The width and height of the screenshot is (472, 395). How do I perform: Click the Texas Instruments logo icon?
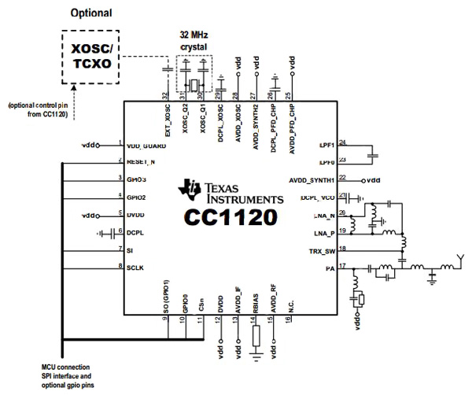pyautogui.click(x=190, y=190)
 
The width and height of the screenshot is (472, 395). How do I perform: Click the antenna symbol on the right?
pyautogui.click(x=463, y=260)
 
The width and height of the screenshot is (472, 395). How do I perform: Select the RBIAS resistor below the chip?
pyautogui.click(x=256, y=338)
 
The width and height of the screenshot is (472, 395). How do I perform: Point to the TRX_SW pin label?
pyautogui.click(x=323, y=250)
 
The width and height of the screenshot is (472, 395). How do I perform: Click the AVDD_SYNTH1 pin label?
pyautogui.click(x=313, y=179)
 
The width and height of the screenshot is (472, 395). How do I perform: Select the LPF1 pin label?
pyautogui.click(x=327, y=146)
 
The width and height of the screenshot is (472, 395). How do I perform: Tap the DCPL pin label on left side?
pyautogui.click(x=136, y=232)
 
